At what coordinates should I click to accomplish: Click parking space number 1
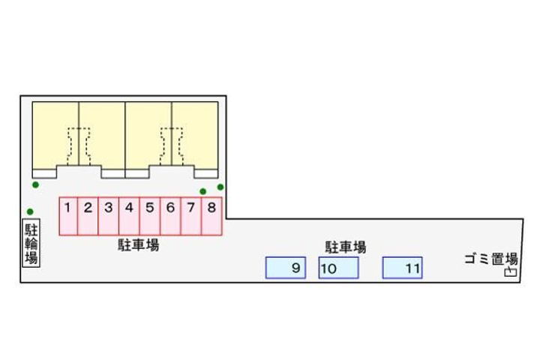[68, 216]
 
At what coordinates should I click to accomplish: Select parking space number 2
[88, 216]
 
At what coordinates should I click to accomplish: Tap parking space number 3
[109, 216]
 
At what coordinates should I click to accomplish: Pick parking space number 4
[130, 216]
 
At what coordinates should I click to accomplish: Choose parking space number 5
[150, 216]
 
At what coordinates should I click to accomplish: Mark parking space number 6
[171, 216]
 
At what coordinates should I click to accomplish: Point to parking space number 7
[191, 216]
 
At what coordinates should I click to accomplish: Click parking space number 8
[211, 216]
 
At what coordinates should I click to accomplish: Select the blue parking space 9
[286, 268]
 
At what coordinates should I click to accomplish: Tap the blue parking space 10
[338, 268]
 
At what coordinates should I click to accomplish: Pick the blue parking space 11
[402, 268]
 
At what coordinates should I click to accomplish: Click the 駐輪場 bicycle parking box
[31, 242]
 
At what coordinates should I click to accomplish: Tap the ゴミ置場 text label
[491, 259]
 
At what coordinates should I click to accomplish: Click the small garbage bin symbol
[511, 272]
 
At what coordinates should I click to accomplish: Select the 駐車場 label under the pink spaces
[139, 245]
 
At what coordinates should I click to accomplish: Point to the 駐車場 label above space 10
[346, 247]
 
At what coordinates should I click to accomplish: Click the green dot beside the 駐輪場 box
[30, 211]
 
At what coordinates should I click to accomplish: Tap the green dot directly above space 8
[202, 191]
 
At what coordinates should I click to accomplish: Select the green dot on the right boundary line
[220, 187]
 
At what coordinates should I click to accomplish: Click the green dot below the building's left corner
[35, 185]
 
